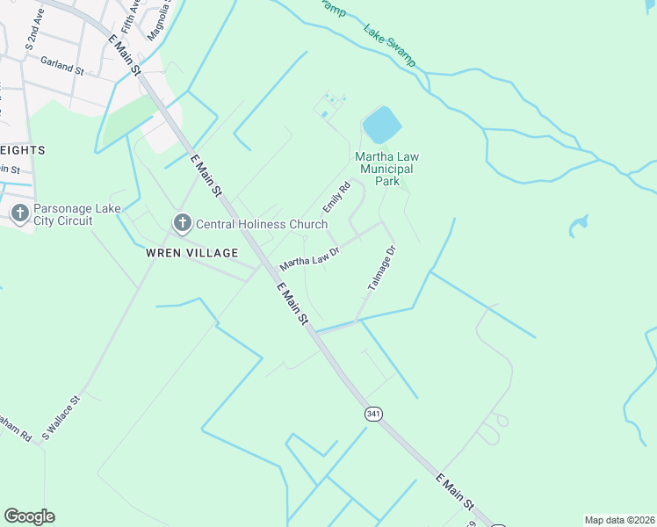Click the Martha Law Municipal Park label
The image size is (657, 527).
(x=383, y=169)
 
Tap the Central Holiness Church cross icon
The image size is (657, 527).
(x=182, y=223)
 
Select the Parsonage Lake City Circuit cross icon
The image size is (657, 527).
(x=20, y=213)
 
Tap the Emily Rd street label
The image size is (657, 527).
(x=336, y=196)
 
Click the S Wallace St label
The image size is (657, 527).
(x=61, y=417)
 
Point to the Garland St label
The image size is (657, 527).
(x=61, y=64)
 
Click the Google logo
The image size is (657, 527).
(x=29, y=516)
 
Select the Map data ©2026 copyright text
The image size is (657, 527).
(x=619, y=520)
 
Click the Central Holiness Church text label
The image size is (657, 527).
(x=262, y=224)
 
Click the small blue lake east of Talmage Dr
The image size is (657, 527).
(x=578, y=226)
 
